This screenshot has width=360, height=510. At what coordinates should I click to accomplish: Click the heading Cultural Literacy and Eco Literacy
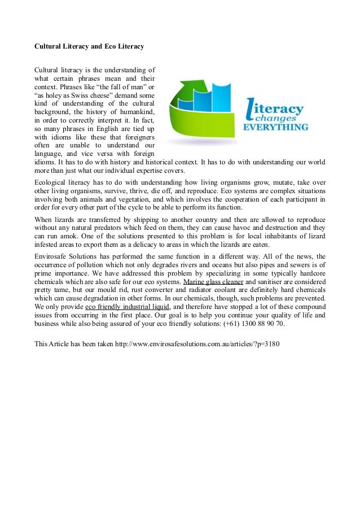[x=89, y=46]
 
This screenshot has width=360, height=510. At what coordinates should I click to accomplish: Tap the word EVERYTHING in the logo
[x=275, y=128]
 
